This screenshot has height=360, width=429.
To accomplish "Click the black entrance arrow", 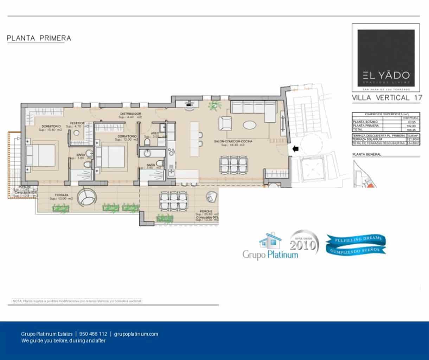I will coord(295,149).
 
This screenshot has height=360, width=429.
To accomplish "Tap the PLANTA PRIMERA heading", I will coord(39,38).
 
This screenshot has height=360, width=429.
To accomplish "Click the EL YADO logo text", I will coord(386,75).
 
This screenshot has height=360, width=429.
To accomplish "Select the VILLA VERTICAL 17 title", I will coord(386,98).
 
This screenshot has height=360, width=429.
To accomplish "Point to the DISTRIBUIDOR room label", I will coord(130,114).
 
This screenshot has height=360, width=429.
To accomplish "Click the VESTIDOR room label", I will coord(77,123).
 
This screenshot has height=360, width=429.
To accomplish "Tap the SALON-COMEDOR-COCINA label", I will coord(233,141).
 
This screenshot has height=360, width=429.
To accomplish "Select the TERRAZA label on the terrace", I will coord(61,195).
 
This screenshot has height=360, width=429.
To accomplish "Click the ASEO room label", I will coord(155,133).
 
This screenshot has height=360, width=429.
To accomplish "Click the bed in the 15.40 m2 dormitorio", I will coord(41,155).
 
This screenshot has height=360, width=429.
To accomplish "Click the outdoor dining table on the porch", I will coord(172,201).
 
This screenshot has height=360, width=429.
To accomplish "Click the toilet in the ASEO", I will coord(148,142).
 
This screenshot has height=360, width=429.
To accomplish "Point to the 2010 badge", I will coord(303,242).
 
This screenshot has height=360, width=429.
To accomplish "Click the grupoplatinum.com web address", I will coord(136,334).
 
